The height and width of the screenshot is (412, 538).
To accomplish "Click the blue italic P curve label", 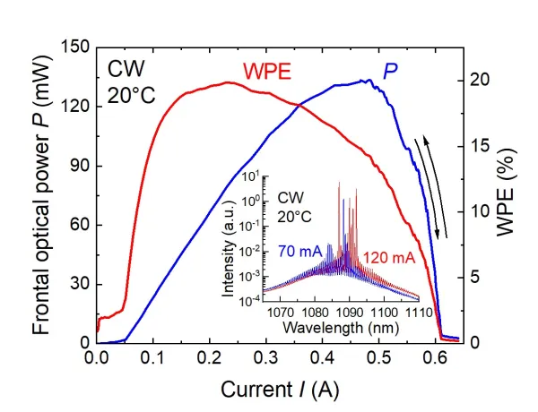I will (391, 70).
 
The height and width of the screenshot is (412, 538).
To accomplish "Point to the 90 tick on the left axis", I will (79, 166).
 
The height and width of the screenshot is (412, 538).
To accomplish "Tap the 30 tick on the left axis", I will (79, 284).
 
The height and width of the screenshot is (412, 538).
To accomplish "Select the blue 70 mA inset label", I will (299, 252).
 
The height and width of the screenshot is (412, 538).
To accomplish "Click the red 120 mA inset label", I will (389, 258).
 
